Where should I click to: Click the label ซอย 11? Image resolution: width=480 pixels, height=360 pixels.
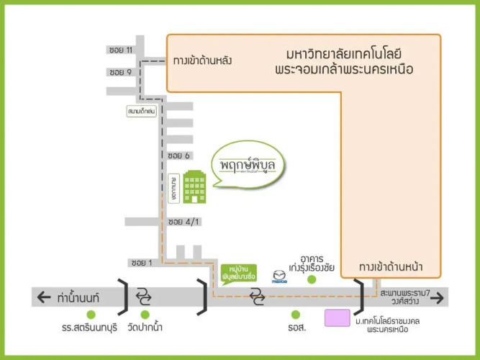pos(121,50)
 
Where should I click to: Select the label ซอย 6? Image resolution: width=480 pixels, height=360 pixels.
pos(178,156)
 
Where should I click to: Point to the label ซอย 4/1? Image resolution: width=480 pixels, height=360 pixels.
pos(182,222)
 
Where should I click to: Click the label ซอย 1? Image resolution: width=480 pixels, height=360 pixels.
pos(141,262)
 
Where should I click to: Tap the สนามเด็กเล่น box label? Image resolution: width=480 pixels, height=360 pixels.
pos(142,112)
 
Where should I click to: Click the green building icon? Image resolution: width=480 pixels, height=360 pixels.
pos(195,188)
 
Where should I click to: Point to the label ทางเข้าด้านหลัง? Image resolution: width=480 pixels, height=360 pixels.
pos(202,61)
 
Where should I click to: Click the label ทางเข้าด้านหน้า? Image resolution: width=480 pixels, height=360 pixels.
pos(391,268)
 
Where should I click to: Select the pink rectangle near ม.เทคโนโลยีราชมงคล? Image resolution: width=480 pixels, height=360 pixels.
pos(338,318)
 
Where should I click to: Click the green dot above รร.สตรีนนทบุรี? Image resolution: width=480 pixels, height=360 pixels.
pos(91,315)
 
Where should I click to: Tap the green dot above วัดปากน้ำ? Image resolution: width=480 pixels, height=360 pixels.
pos(145,315)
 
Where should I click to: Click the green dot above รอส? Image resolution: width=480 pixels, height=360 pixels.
pos(295,315)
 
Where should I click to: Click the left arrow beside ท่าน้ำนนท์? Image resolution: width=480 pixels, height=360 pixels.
pos(45,297)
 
